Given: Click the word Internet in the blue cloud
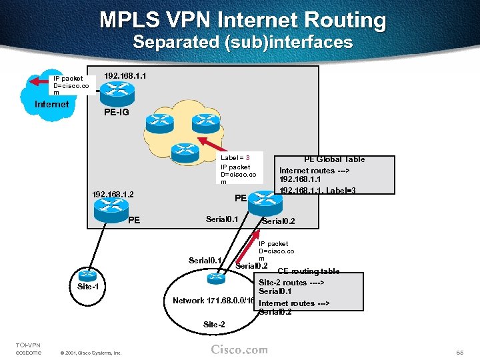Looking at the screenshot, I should click(51, 104).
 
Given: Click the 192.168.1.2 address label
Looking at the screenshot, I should click(113, 194).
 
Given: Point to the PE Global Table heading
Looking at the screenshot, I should click(334, 159).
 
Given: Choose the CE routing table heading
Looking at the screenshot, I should click(308, 272).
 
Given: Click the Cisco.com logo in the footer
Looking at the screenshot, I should click(239, 349).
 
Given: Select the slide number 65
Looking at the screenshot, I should click(460, 350).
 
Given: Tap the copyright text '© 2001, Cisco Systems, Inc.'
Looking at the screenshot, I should click(91, 353).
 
